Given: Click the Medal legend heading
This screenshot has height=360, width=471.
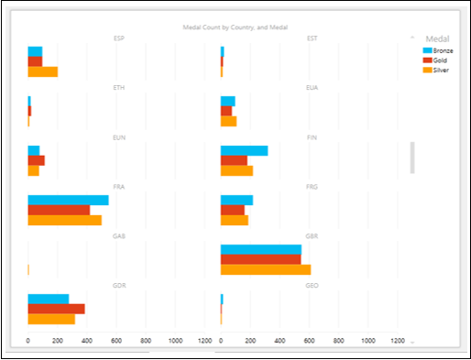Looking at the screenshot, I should point(438,38).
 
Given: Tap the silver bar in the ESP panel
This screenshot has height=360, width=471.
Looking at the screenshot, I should point(43,71).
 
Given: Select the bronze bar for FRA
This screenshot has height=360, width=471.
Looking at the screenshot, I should point(68,200).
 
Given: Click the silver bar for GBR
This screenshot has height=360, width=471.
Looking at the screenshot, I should point(266,269).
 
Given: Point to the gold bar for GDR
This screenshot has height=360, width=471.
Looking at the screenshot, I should point(56,309).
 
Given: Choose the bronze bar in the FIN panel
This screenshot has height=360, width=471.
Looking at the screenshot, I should point(244,150).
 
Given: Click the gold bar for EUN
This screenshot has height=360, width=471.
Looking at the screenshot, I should point(36,160).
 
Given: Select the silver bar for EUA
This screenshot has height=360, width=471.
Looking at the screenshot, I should point(228,121).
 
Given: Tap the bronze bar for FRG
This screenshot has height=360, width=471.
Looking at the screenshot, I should point(236,200).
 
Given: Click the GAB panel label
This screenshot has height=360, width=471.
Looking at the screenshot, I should point(119,236).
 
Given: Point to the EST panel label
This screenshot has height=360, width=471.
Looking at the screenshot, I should point(312,38).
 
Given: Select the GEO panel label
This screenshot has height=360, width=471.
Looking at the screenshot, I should point(312,286).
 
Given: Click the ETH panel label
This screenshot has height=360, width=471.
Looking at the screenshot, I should point(119,88).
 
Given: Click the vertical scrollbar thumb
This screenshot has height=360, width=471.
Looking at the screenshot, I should point(411,158).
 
